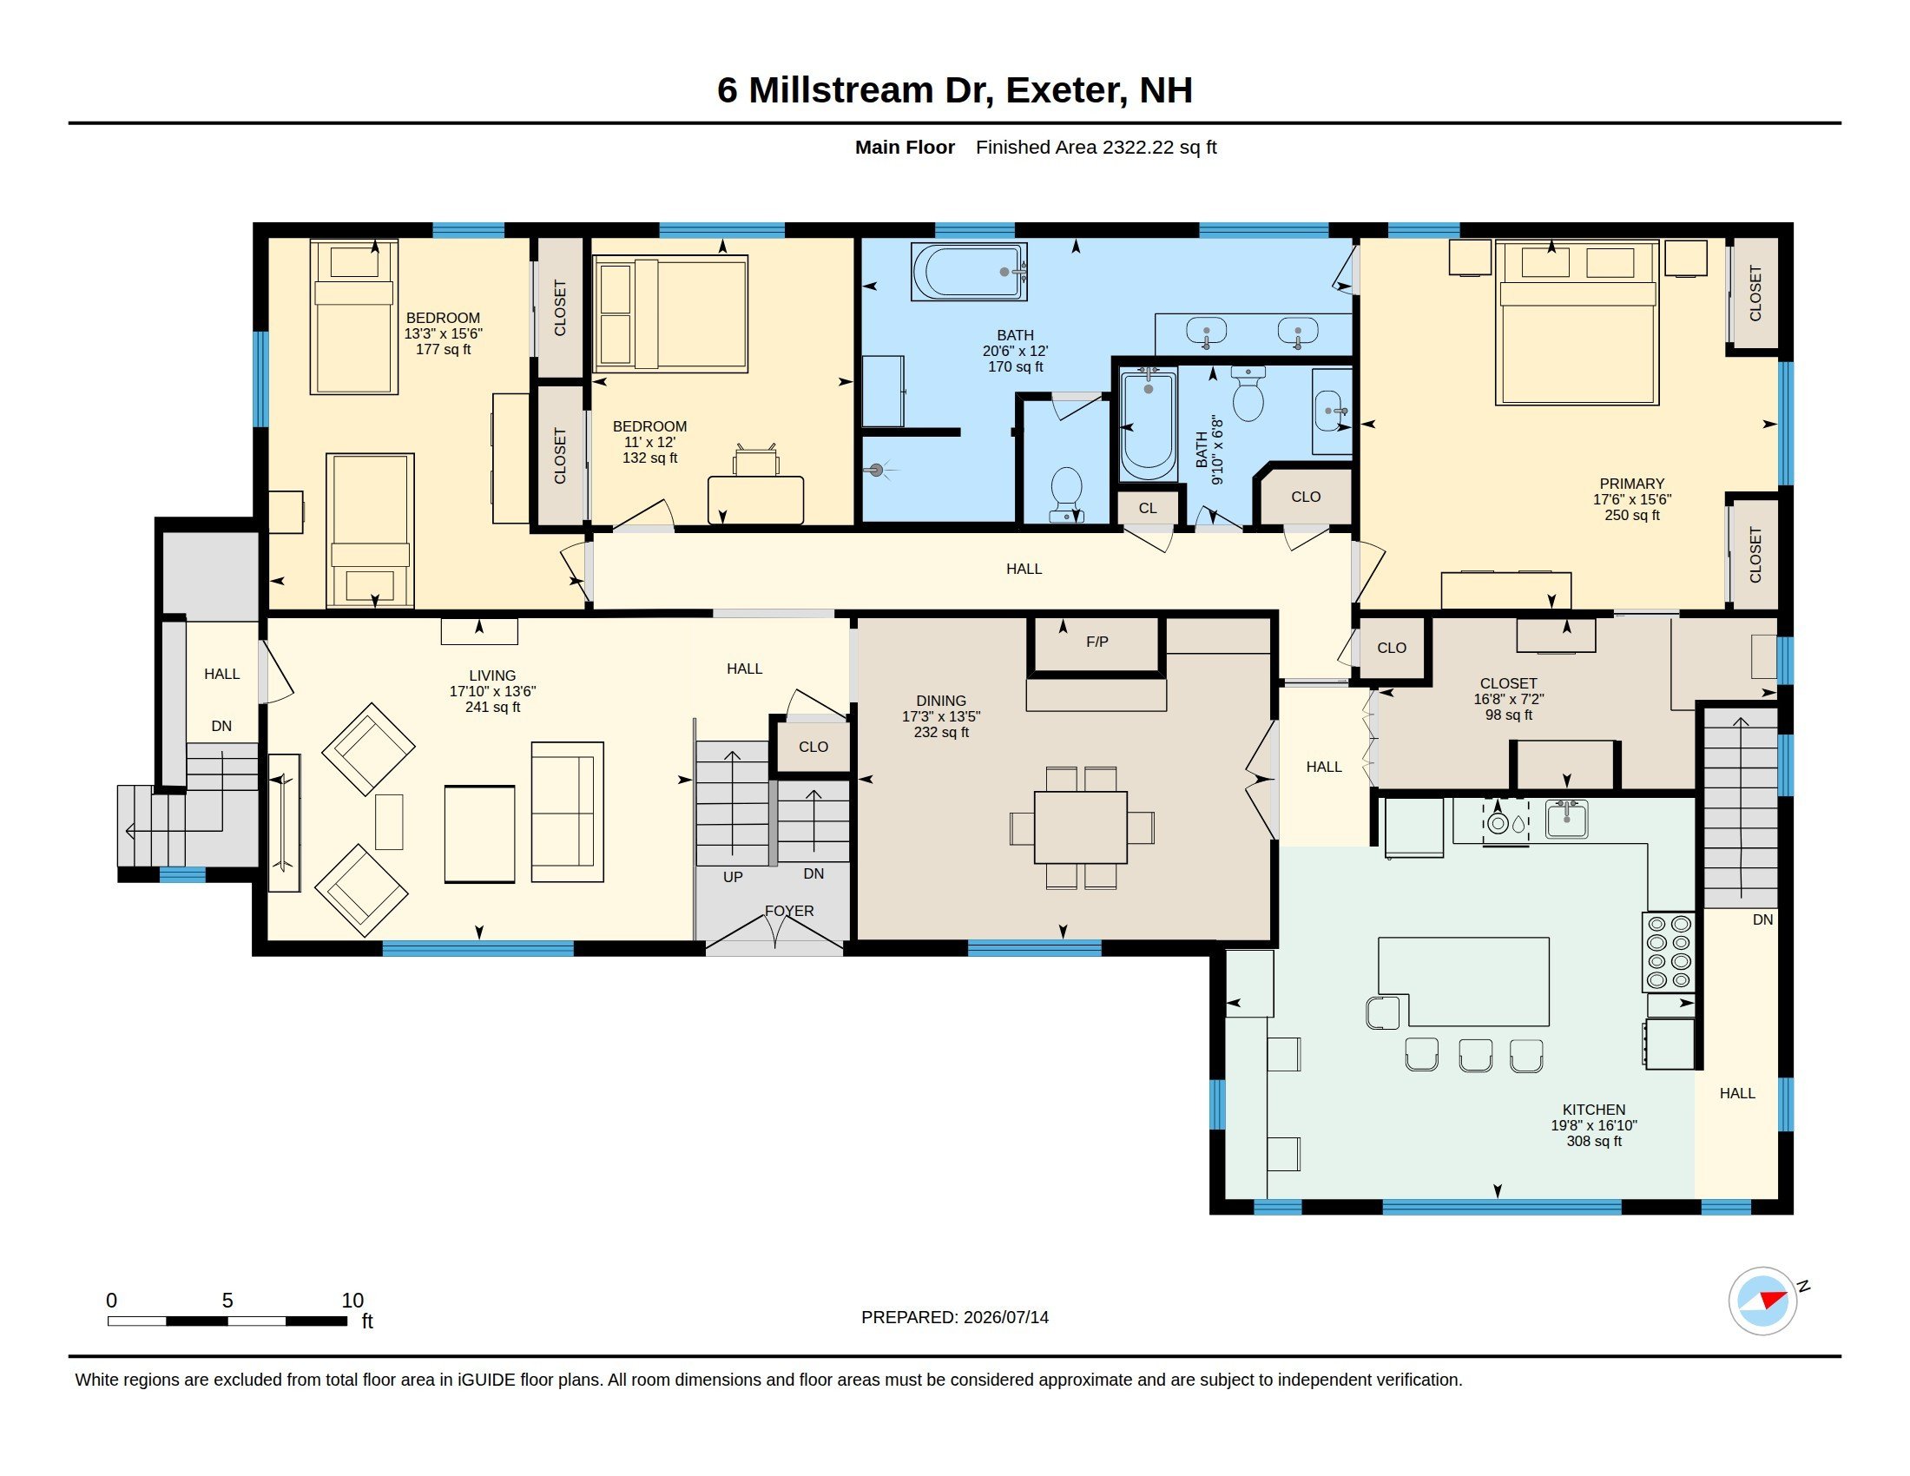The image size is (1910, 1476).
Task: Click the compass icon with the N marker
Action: point(1763,1301)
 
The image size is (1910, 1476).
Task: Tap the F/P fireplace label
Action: point(1097,642)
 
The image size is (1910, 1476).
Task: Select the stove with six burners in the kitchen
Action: point(1670,952)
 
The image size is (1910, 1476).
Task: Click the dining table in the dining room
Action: point(1081,827)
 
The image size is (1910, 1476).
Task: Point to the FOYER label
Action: point(789,910)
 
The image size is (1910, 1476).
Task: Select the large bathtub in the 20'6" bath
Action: point(969,272)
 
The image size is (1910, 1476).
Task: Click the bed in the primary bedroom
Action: point(1577,323)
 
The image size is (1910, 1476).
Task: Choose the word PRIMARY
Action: point(1632,484)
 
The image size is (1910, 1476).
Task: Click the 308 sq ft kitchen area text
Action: point(1594,1141)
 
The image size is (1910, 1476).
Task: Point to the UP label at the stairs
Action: point(733,877)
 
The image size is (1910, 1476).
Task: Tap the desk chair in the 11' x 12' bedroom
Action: point(756,459)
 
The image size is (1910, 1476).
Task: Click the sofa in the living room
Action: point(568,812)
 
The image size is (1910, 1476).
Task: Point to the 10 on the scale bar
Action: point(352,1301)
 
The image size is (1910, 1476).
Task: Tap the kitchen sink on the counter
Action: point(1566,820)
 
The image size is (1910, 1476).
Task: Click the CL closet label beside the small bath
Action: point(1148,508)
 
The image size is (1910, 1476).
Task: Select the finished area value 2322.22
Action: point(1138,147)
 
